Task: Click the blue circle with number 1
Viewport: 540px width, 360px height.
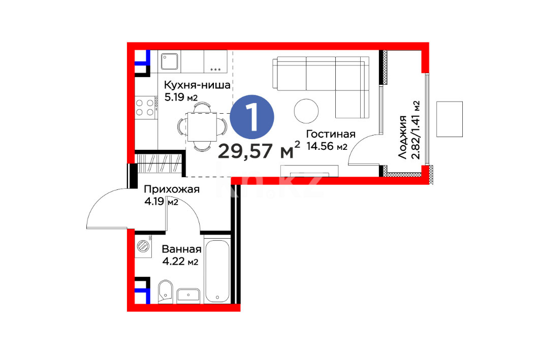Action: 252,117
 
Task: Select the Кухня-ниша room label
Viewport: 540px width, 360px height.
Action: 197,85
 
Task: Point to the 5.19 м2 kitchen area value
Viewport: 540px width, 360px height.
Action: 181,97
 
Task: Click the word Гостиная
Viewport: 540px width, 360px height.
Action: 331,134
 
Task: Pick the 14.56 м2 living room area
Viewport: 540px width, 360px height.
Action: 327,146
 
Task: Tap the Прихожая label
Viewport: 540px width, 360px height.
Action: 172,189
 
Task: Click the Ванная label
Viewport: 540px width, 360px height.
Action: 181,249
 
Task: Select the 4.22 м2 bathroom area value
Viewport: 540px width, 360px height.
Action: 180,262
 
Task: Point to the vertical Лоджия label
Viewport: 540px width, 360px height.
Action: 403,137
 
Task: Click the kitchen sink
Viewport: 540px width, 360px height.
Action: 170,61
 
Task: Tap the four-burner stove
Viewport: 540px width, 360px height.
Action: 145,107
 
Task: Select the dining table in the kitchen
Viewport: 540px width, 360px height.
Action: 202,127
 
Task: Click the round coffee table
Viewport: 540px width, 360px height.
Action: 306,111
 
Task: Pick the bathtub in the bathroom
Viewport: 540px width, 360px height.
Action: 217,271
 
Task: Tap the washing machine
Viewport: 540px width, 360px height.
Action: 143,246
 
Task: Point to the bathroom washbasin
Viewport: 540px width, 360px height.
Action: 188,296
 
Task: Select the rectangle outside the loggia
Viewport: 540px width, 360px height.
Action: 450,119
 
